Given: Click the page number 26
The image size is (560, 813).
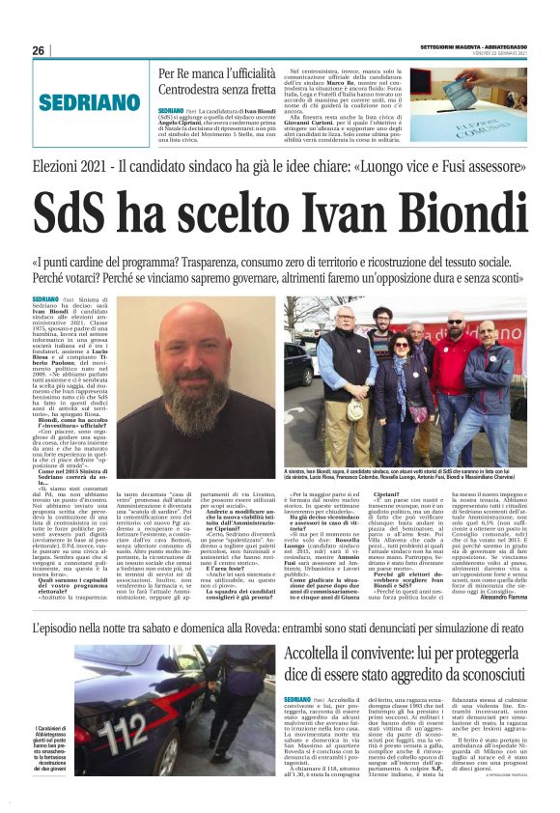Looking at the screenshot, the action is [x=39, y=50].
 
